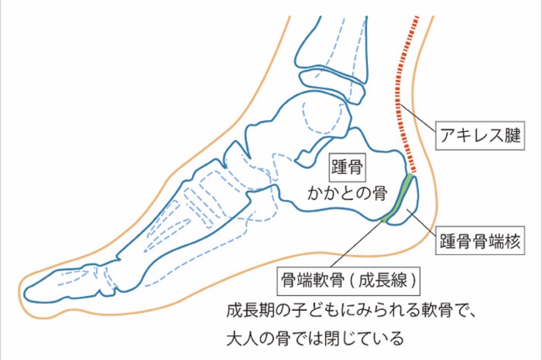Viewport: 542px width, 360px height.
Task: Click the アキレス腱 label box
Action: [480, 135]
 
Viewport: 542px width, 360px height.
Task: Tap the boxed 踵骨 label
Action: [347, 167]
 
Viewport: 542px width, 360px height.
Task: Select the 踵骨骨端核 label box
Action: [480, 240]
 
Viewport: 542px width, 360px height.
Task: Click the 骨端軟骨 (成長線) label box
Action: [348, 281]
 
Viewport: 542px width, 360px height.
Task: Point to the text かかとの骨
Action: [347, 194]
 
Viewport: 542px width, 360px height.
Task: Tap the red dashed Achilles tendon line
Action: [404, 94]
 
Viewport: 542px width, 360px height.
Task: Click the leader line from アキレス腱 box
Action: [418, 118]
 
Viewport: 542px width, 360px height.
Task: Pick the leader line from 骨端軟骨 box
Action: [358, 244]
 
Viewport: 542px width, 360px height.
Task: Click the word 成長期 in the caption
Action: [251, 311]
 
